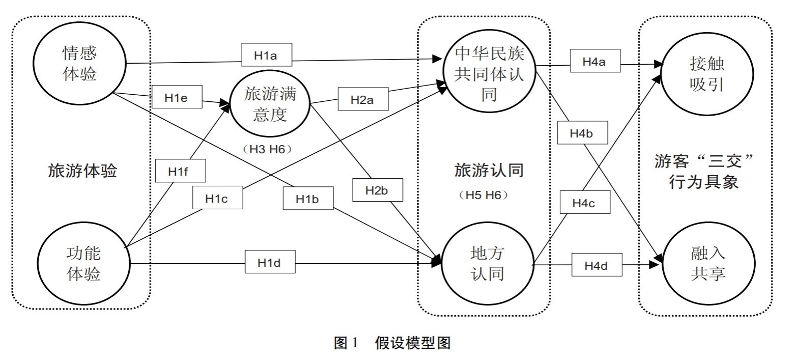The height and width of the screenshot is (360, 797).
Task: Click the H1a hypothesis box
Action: [266, 55]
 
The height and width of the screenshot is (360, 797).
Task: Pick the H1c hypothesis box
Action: [217, 198]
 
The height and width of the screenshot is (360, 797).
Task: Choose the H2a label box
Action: [363, 99]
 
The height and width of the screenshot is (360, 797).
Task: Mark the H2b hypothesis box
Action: [377, 190]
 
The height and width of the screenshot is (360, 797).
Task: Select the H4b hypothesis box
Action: [582, 133]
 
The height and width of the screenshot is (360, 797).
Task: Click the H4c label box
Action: [584, 202]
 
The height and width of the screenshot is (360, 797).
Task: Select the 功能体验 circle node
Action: [83, 263]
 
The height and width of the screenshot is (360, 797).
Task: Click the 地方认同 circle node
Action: [488, 264]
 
